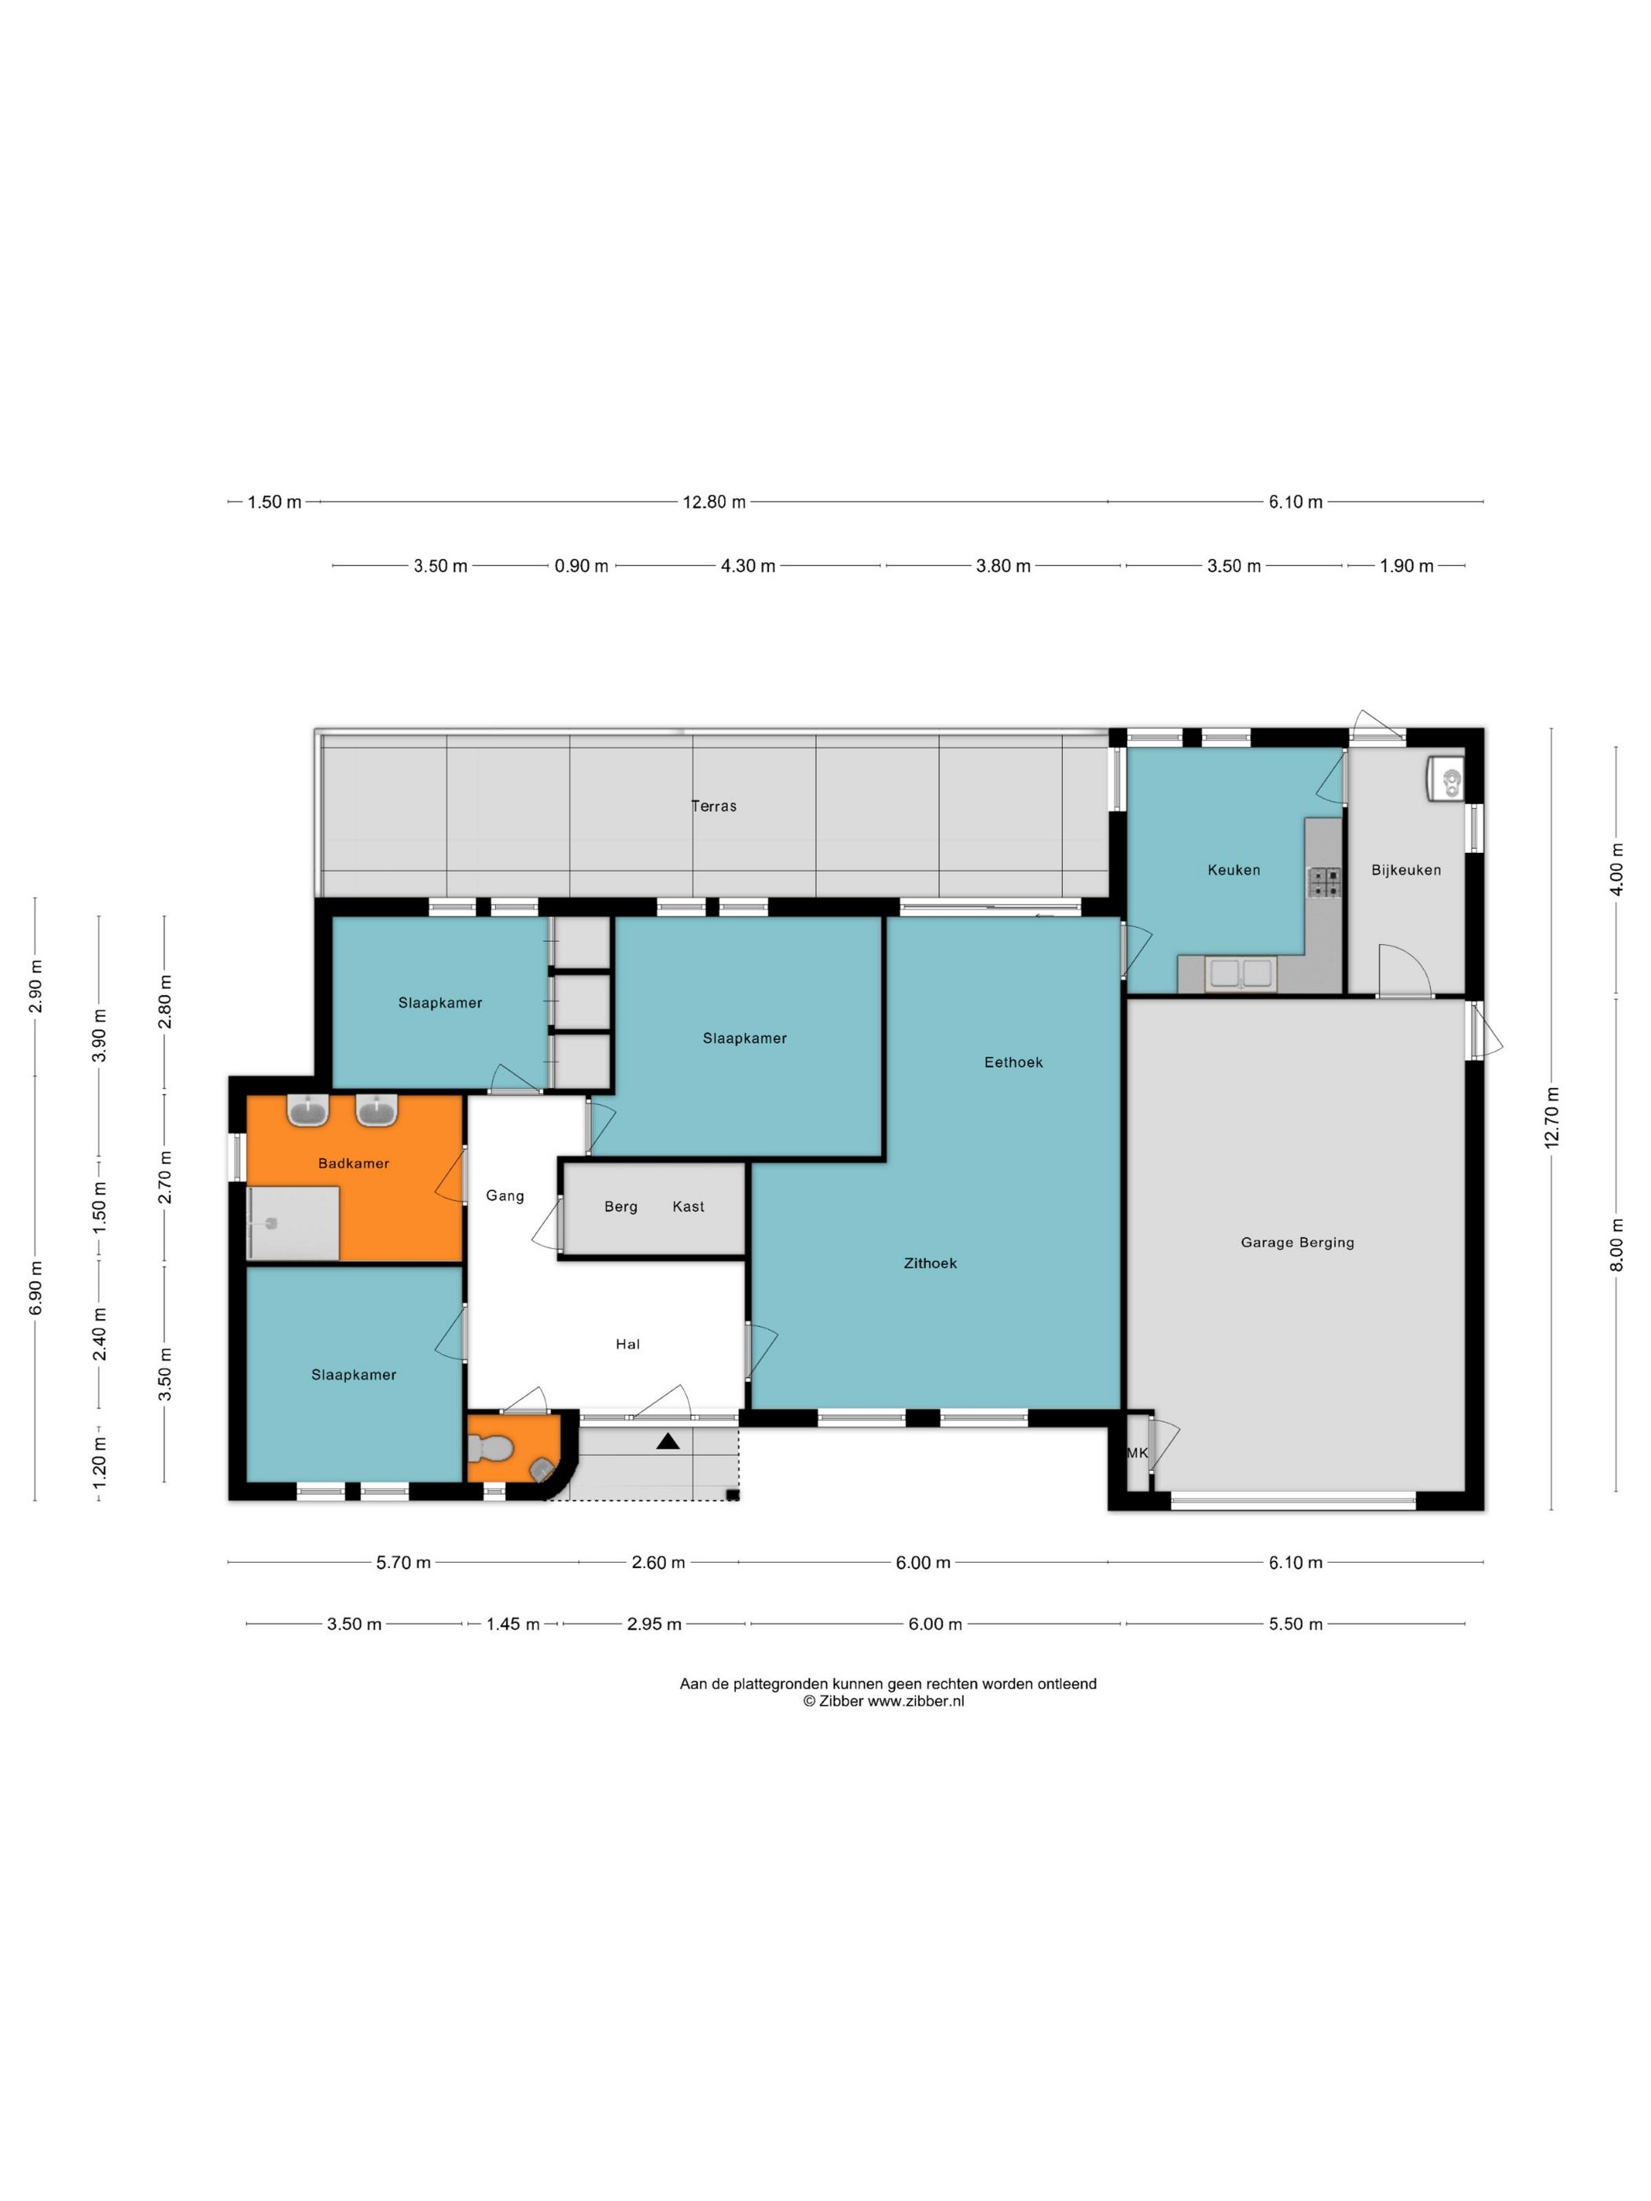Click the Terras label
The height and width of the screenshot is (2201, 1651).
tap(714, 806)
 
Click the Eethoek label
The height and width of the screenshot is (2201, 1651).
tap(1013, 1062)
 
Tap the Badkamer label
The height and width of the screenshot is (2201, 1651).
tap(353, 1163)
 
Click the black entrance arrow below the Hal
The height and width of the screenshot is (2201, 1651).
tap(667, 1441)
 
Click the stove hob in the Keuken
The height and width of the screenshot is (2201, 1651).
tap(1324, 882)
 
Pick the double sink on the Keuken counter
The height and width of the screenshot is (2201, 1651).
tap(1240, 974)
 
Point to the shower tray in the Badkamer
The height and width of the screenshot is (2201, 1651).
tap(293, 1224)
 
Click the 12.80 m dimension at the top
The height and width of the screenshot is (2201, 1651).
tap(714, 502)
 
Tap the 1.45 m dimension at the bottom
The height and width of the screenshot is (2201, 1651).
tap(513, 1624)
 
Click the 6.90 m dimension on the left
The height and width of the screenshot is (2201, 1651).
tap(36, 1288)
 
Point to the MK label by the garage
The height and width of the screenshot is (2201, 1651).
tap(1137, 1453)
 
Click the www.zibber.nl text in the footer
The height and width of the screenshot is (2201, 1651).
tap(916, 1700)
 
